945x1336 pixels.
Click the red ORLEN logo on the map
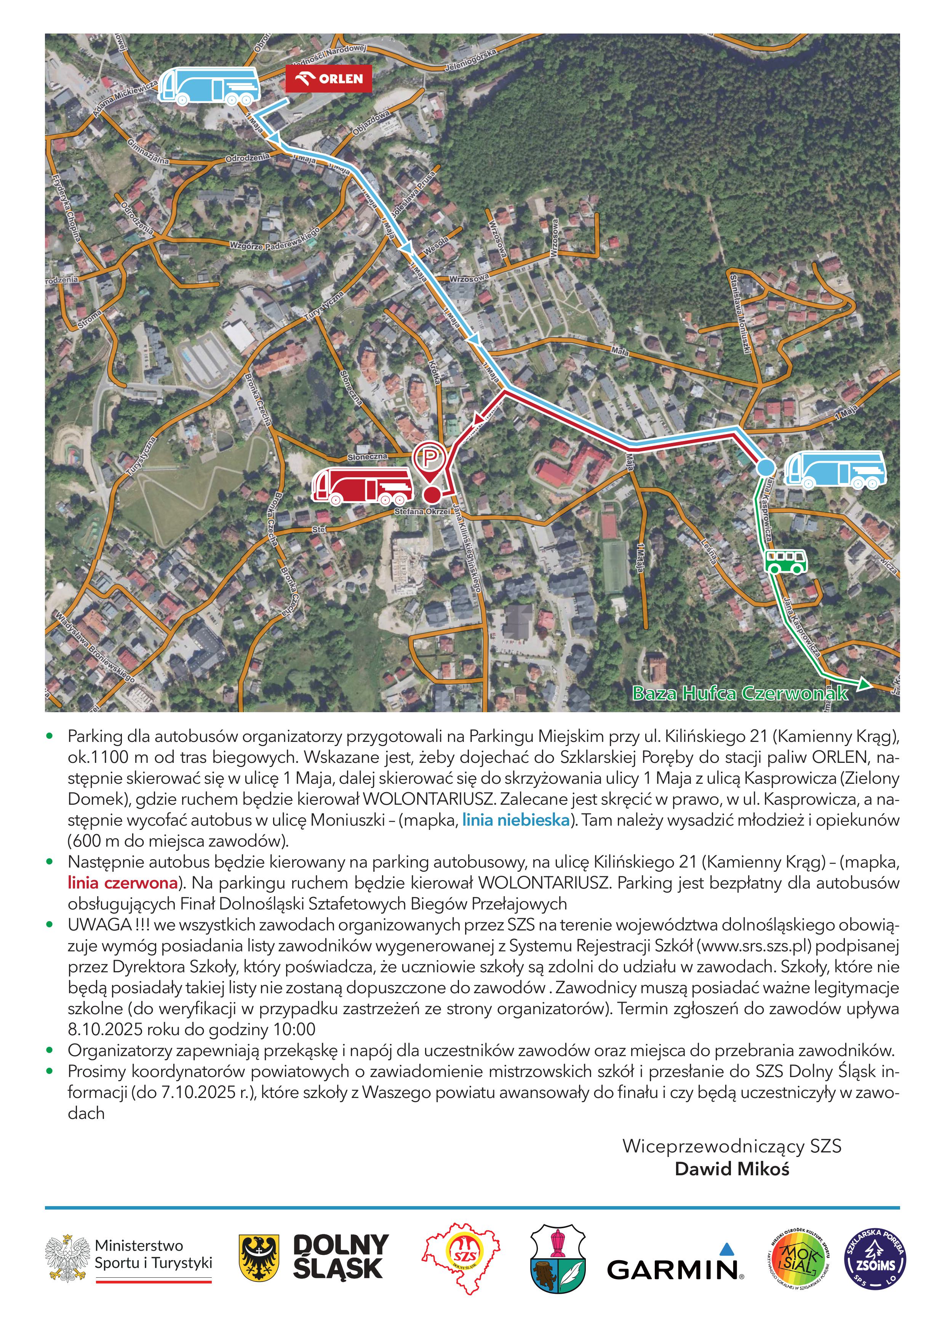[328, 78]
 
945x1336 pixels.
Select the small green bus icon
[785, 561]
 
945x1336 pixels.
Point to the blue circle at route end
[765, 467]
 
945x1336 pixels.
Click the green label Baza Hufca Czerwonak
[740, 693]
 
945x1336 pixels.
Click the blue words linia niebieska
[516, 820]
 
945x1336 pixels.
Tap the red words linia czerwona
[123, 883]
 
